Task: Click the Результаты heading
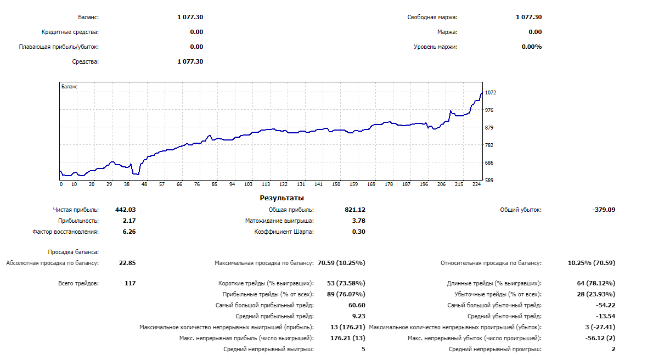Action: click(x=281, y=198)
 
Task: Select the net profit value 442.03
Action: click(x=125, y=210)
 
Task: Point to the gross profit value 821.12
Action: click(x=354, y=210)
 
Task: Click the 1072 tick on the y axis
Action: click(x=491, y=93)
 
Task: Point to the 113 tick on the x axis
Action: click(x=266, y=184)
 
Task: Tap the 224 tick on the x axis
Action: click(x=475, y=184)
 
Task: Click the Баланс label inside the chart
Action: click(x=70, y=87)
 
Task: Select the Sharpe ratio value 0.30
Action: click(x=358, y=232)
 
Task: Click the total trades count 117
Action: click(x=130, y=283)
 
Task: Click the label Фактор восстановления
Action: click(x=66, y=232)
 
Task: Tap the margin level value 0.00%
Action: click(x=531, y=47)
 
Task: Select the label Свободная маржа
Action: click(x=432, y=17)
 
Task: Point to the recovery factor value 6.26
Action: click(x=129, y=232)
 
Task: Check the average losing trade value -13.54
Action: click(x=605, y=316)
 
